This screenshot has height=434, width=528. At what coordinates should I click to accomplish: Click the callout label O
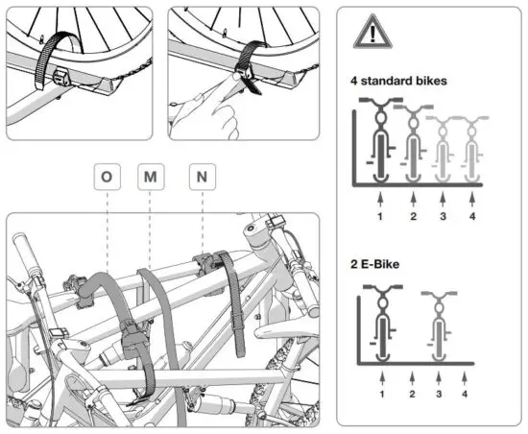pyautogui.click(x=105, y=178)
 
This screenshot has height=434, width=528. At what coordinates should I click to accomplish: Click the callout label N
pyautogui.click(x=201, y=178)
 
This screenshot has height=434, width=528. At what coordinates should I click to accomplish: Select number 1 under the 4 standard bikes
pyautogui.click(x=381, y=215)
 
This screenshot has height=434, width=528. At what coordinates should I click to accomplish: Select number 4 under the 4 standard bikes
pyautogui.click(x=472, y=215)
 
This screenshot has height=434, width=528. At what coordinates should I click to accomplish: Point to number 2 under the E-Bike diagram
pyautogui.click(x=412, y=393)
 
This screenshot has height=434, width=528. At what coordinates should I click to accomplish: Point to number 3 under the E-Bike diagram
pyautogui.click(x=442, y=393)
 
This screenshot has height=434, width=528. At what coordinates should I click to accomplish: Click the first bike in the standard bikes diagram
pyautogui.click(x=381, y=144)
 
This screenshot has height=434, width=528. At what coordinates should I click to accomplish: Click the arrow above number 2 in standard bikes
pyautogui.click(x=412, y=197)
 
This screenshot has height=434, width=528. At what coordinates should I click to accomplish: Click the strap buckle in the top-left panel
pyautogui.click(x=60, y=75)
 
